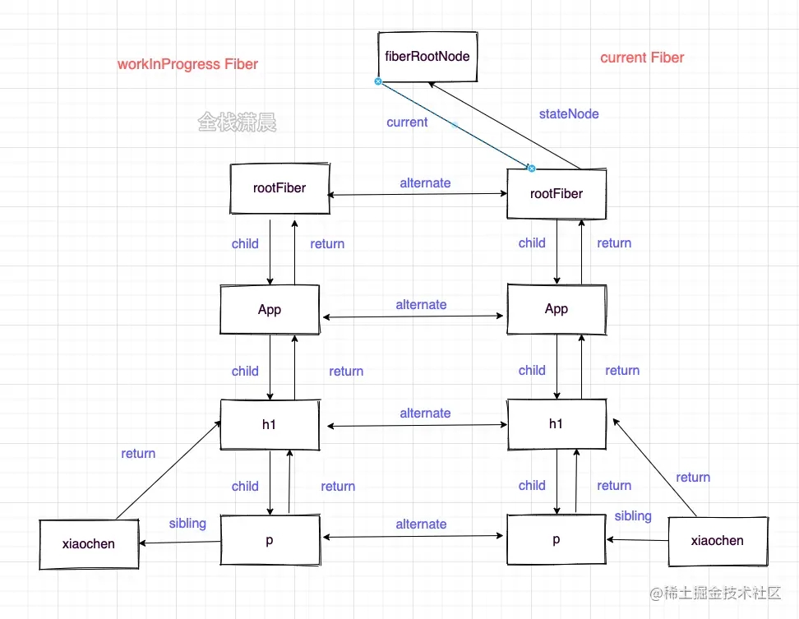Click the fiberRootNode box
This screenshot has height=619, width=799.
(x=427, y=58)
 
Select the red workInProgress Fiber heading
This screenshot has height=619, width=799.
(x=187, y=64)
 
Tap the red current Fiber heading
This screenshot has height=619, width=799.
(x=642, y=58)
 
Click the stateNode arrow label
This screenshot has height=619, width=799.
(x=569, y=114)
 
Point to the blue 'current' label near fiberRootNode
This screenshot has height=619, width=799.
(x=407, y=122)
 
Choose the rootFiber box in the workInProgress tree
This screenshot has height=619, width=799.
(x=279, y=188)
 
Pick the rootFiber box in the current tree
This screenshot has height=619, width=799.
(x=557, y=194)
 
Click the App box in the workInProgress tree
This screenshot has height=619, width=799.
(x=270, y=310)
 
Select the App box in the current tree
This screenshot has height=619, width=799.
(x=557, y=309)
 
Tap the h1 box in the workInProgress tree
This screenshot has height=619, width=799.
(x=270, y=424)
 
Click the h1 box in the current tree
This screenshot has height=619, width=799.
(x=557, y=424)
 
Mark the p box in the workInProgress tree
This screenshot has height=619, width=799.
(x=270, y=539)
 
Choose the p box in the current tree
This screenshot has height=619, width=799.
(x=557, y=540)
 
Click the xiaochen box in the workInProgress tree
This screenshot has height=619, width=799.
(x=89, y=544)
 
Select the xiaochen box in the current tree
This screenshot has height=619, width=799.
(x=718, y=541)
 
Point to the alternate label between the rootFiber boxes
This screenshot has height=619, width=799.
(x=425, y=183)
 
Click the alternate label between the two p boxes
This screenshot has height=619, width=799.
(x=421, y=524)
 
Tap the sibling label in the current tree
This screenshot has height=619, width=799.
(x=633, y=516)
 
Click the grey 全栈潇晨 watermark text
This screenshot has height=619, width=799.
(x=237, y=123)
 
